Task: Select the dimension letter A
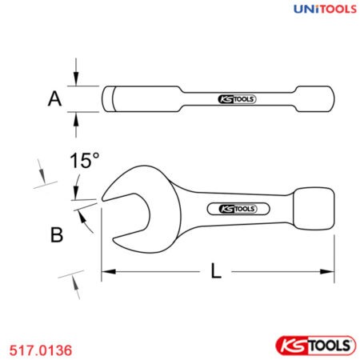[54, 99]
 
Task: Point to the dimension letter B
[57, 235]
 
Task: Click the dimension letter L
[216, 271]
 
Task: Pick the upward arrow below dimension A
[76, 118]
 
